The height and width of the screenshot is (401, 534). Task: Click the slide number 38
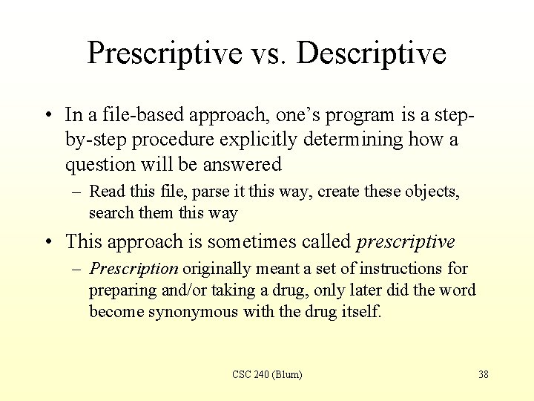click(x=483, y=374)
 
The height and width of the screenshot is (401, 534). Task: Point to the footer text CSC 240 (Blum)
click(x=267, y=374)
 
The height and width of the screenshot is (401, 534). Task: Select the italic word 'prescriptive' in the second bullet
click(x=406, y=242)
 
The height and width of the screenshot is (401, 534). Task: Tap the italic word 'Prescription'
click(x=133, y=269)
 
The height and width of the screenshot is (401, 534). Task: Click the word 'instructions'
click(x=406, y=269)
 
